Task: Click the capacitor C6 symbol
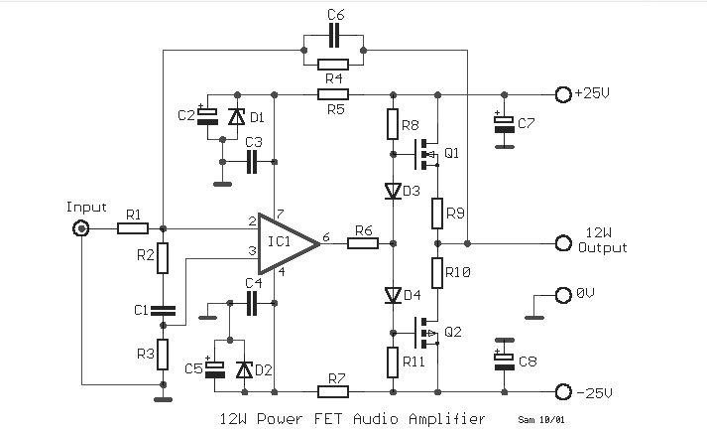(333, 36)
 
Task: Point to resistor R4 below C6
(333, 62)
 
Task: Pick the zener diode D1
(235, 117)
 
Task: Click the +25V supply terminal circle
(563, 94)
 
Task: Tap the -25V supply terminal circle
(563, 391)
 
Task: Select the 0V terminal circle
(563, 294)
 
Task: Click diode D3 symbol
(393, 191)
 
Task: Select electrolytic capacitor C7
(505, 123)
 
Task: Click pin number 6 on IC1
(327, 236)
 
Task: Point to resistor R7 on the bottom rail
(333, 391)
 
